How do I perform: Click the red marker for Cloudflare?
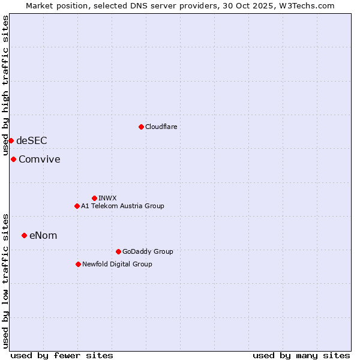pyautogui.click(x=141, y=127)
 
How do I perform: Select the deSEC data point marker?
pyautogui.click(x=11, y=140)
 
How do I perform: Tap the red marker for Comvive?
pyautogui.click(x=13, y=159)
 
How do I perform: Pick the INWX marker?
pyautogui.click(x=94, y=198)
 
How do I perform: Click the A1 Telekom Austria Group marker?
pyautogui.click(x=77, y=206)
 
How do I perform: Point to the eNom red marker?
pyautogui.click(x=24, y=235)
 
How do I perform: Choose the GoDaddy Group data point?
pyautogui.click(x=118, y=251)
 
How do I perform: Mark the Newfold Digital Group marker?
pyautogui.click(x=78, y=264)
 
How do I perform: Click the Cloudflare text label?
pyautogui.click(x=161, y=127)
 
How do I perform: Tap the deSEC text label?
pyautogui.click(x=31, y=140)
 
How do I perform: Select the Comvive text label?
pyautogui.click(x=39, y=159)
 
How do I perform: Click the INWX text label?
pyautogui.click(x=107, y=198)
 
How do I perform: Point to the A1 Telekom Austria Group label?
pyautogui.click(x=122, y=206)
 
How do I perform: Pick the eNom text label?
pyautogui.click(x=43, y=235)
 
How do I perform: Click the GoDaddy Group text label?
pyautogui.click(x=148, y=251)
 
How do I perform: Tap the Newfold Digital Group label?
pyautogui.click(x=117, y=264)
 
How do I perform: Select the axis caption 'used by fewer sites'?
pyautogui.click(x=62, y=355)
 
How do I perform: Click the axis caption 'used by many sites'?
pyautogui.click(x=301, y=355)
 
